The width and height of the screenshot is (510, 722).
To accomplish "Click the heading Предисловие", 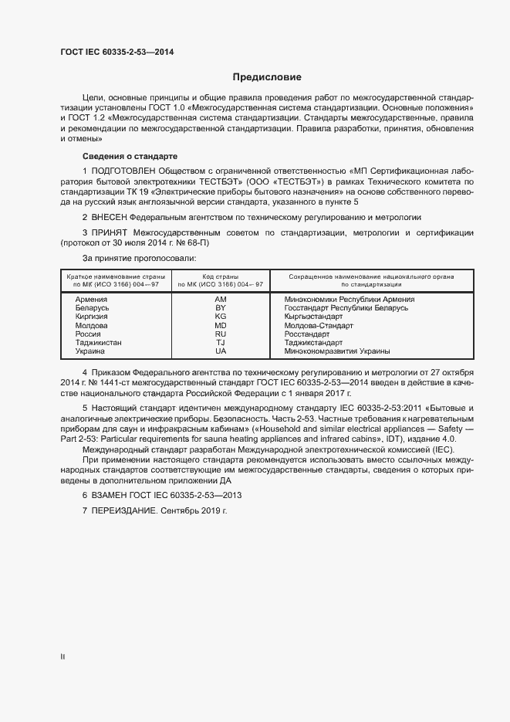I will (x=267, y=77).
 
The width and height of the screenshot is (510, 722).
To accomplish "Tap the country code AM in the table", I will (x=221, y=299).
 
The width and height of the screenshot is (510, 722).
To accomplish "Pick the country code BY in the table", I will (x=221, y=307).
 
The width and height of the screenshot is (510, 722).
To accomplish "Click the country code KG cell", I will (x=221, y=316).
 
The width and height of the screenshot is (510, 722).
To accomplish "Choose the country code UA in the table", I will (x=221, y=351).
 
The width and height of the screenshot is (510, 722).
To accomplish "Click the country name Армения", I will (x=91, y=299).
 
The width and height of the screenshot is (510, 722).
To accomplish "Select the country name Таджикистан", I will (x=99, y=342).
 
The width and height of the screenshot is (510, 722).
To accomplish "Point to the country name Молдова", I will (x=92, y=325).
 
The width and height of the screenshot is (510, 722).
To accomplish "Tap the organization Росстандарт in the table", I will (x=307, y=334).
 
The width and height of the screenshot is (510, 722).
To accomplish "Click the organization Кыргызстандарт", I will (x=313, y=316).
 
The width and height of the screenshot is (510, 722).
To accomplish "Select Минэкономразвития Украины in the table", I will (x=336, y=351).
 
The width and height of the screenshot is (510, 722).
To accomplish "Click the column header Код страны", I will (x=221, y=276).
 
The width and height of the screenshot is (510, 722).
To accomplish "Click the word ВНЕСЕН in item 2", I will (x=110, y=218).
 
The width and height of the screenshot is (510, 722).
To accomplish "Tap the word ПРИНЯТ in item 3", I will (x=109, y=232).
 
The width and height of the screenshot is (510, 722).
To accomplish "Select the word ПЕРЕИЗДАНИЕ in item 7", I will (x=124, y=511).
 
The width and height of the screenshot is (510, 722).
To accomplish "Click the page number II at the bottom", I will (x=62, y=656).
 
